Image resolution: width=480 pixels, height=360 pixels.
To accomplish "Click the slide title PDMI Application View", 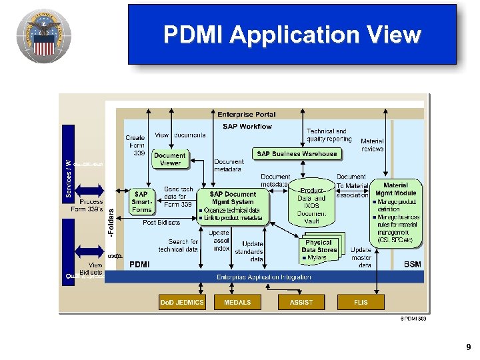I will click(x=292, y=35).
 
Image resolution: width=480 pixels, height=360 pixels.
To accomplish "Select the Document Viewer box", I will click(x=170, y=159).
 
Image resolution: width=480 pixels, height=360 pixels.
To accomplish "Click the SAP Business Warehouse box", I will click(x=297, y=154).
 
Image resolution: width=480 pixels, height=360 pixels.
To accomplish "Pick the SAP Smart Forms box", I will click(x=141, y=202).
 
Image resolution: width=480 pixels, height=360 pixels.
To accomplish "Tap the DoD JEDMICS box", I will click(x=182, y=302).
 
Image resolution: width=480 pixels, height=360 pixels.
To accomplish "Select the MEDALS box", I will click(x=237, y=302).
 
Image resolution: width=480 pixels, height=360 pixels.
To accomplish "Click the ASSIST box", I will click(x=301, y=302).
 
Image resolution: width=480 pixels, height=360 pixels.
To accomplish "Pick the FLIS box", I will click(x=361, y=302).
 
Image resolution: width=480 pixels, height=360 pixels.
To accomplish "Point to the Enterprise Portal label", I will click(x=246, y=115).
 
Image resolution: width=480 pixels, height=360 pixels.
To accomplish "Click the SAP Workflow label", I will click(x=247, y=126).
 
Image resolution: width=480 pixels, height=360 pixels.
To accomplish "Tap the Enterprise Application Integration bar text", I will click(x=263, y=277).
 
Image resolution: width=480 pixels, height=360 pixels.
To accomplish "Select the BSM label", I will click(x=412, y=265).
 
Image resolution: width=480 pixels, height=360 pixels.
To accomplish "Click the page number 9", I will click(x=468, y=347).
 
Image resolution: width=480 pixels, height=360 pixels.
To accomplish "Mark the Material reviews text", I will click(x=372, y=145).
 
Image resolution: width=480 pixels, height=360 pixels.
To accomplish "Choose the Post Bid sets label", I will click(x=161, y=223).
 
